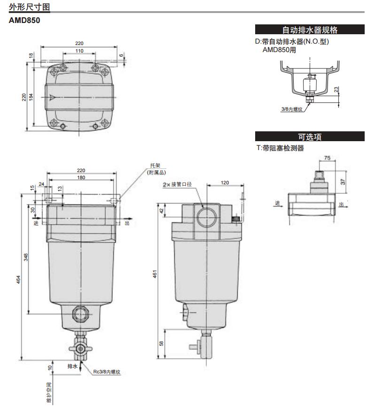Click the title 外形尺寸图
coord(29,7)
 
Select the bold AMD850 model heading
coord(25,21)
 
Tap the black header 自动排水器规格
coord(309,30)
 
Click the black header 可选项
coord(309,137)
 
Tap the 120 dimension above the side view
coord(225,182)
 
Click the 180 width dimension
coord(81,178)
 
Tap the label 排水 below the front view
coord(72,365)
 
